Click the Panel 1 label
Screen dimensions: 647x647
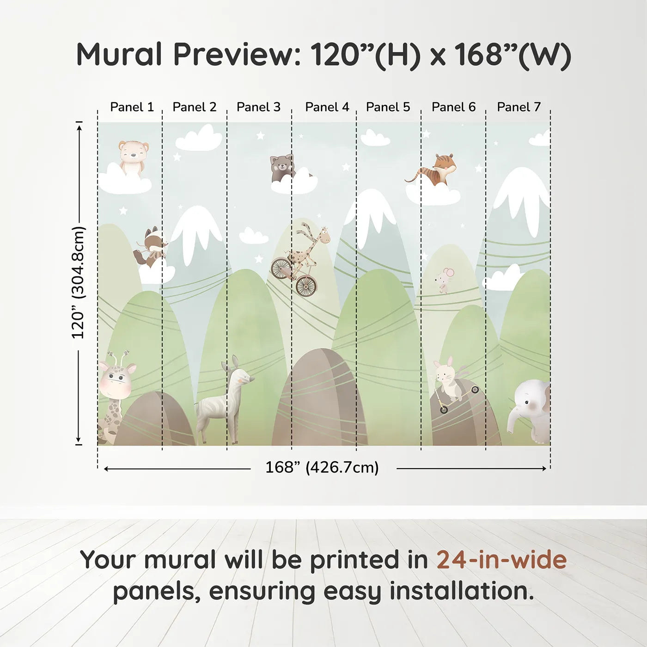click(132, 107)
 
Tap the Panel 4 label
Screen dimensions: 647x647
click(327, 107)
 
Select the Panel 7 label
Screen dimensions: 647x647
click(519, 107)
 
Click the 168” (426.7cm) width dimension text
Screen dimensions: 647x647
click(322, 467)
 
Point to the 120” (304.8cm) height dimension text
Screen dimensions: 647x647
click(78, 282)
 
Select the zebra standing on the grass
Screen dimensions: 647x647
click(224, 400)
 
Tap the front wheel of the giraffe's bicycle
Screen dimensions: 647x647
click(306, 286)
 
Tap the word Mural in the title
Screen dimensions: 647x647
click(119, 55)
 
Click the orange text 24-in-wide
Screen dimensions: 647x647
click(501, 561)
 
